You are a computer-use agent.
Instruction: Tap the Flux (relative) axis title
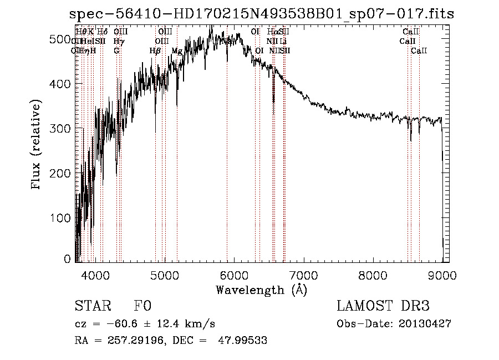click(x=37, y=146)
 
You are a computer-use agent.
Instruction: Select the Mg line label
click(x=177, y=51)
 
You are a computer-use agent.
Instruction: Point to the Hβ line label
click(x=155, y=51)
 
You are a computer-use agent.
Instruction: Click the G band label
click(x=116, y=51)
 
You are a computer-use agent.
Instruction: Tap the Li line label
click(x=283, y=41)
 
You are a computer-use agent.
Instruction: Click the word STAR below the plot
click(x=89, y=306)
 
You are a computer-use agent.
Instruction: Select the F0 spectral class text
click(x=142, y=306)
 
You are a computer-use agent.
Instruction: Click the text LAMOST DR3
click(x=383, y=306)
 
